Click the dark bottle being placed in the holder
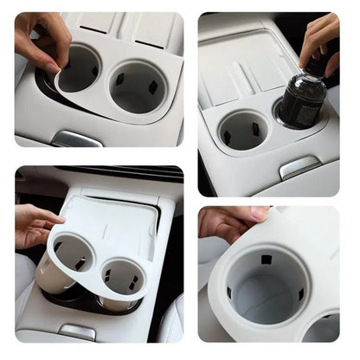(304, 102)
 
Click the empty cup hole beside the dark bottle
(241, 130)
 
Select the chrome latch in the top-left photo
(76, 138)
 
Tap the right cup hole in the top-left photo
(137, 86)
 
